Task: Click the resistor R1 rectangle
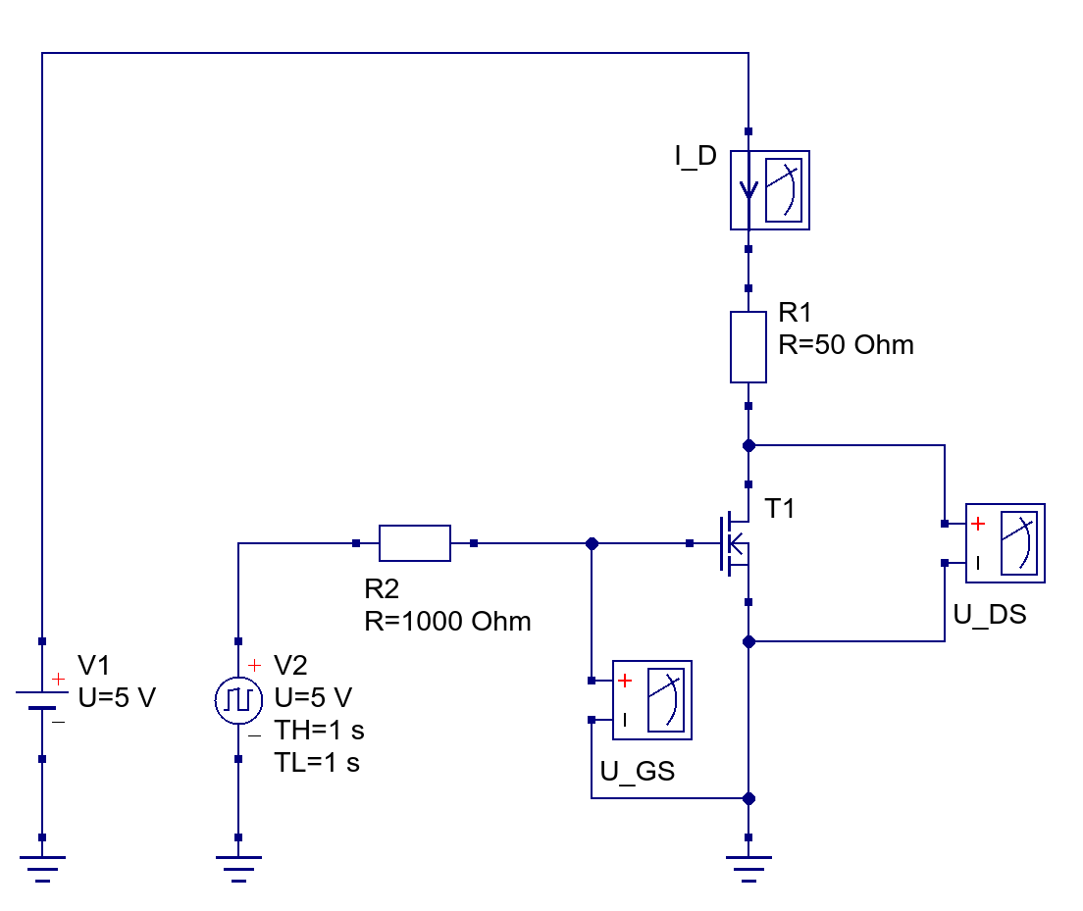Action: point(748,346)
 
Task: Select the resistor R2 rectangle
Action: point(414,542)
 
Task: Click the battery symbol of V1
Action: point(41,699)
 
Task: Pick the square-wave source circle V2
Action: point(238,699)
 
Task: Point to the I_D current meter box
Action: point(770,189)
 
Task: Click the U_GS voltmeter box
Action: point(652,699)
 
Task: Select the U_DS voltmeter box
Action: point(1006,542)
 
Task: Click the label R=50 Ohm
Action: point(846,345)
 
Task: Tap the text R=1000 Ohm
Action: point(447,621)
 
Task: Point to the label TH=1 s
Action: point(320,731)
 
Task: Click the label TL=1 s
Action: point(318,763)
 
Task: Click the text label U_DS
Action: point(990,615)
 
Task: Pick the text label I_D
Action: point(696,156)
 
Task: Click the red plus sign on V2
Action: point(255,666)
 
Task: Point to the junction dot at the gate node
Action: point(592,542)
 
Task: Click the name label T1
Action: point(782,509)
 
